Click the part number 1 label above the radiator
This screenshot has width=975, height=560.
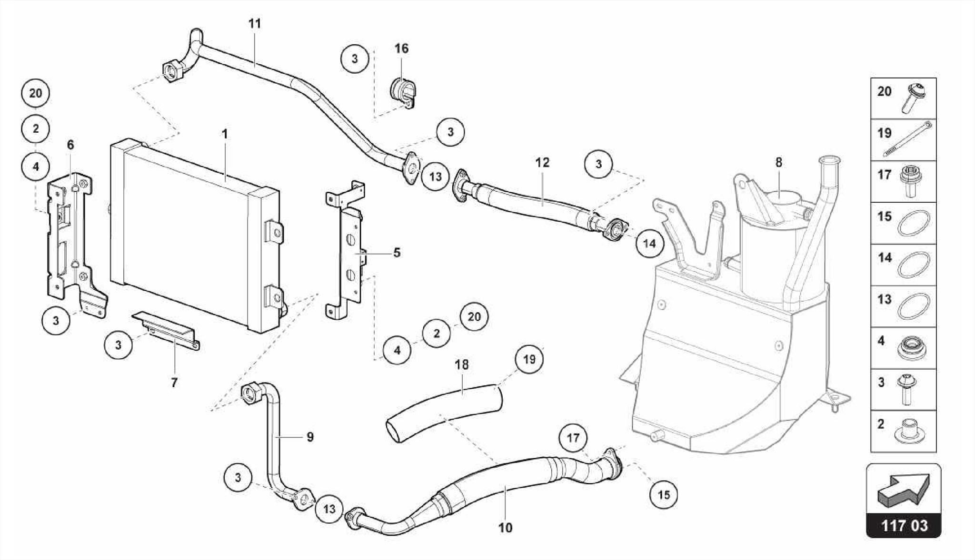[225, 135]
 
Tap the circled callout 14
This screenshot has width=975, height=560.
[649, 244]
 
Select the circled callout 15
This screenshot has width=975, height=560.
[664, 495]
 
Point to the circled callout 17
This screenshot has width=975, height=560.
[573, 437]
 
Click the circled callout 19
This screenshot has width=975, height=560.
[529, 359]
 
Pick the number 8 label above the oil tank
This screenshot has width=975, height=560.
[778, 163]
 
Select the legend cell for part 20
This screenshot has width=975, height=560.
[903, 98]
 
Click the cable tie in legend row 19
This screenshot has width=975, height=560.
[909, 138]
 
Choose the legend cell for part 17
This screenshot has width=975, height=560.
[903, 181]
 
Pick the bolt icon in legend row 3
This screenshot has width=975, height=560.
[906, 389]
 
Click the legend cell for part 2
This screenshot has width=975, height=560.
[903, 431]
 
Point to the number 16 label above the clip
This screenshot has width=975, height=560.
[401, 49]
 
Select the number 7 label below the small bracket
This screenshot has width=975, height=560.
[174, 382]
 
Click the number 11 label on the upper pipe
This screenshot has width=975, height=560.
[255, 24]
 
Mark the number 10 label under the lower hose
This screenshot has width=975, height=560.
[505, 527]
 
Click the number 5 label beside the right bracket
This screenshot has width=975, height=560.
[397, 253]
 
